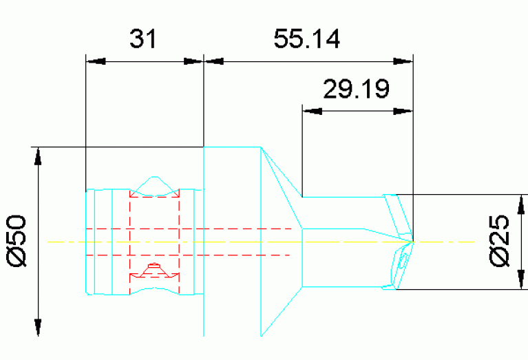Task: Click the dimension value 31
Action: point(143,39)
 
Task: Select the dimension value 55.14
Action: point(307,39)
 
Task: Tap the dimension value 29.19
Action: point(357,88)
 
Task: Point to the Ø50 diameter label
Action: point(17,240)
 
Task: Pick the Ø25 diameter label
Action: point(501,241)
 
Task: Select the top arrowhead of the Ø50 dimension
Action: point(39,156)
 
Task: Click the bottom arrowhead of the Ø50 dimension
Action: point(39,327)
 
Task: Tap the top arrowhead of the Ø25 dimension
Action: point(518,204)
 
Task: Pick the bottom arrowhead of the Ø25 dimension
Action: point(518,279)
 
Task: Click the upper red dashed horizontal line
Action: point(193,228)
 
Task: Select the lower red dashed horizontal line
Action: point(193,255)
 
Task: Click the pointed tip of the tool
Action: point(414,241)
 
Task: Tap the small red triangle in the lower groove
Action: point(154,266)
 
